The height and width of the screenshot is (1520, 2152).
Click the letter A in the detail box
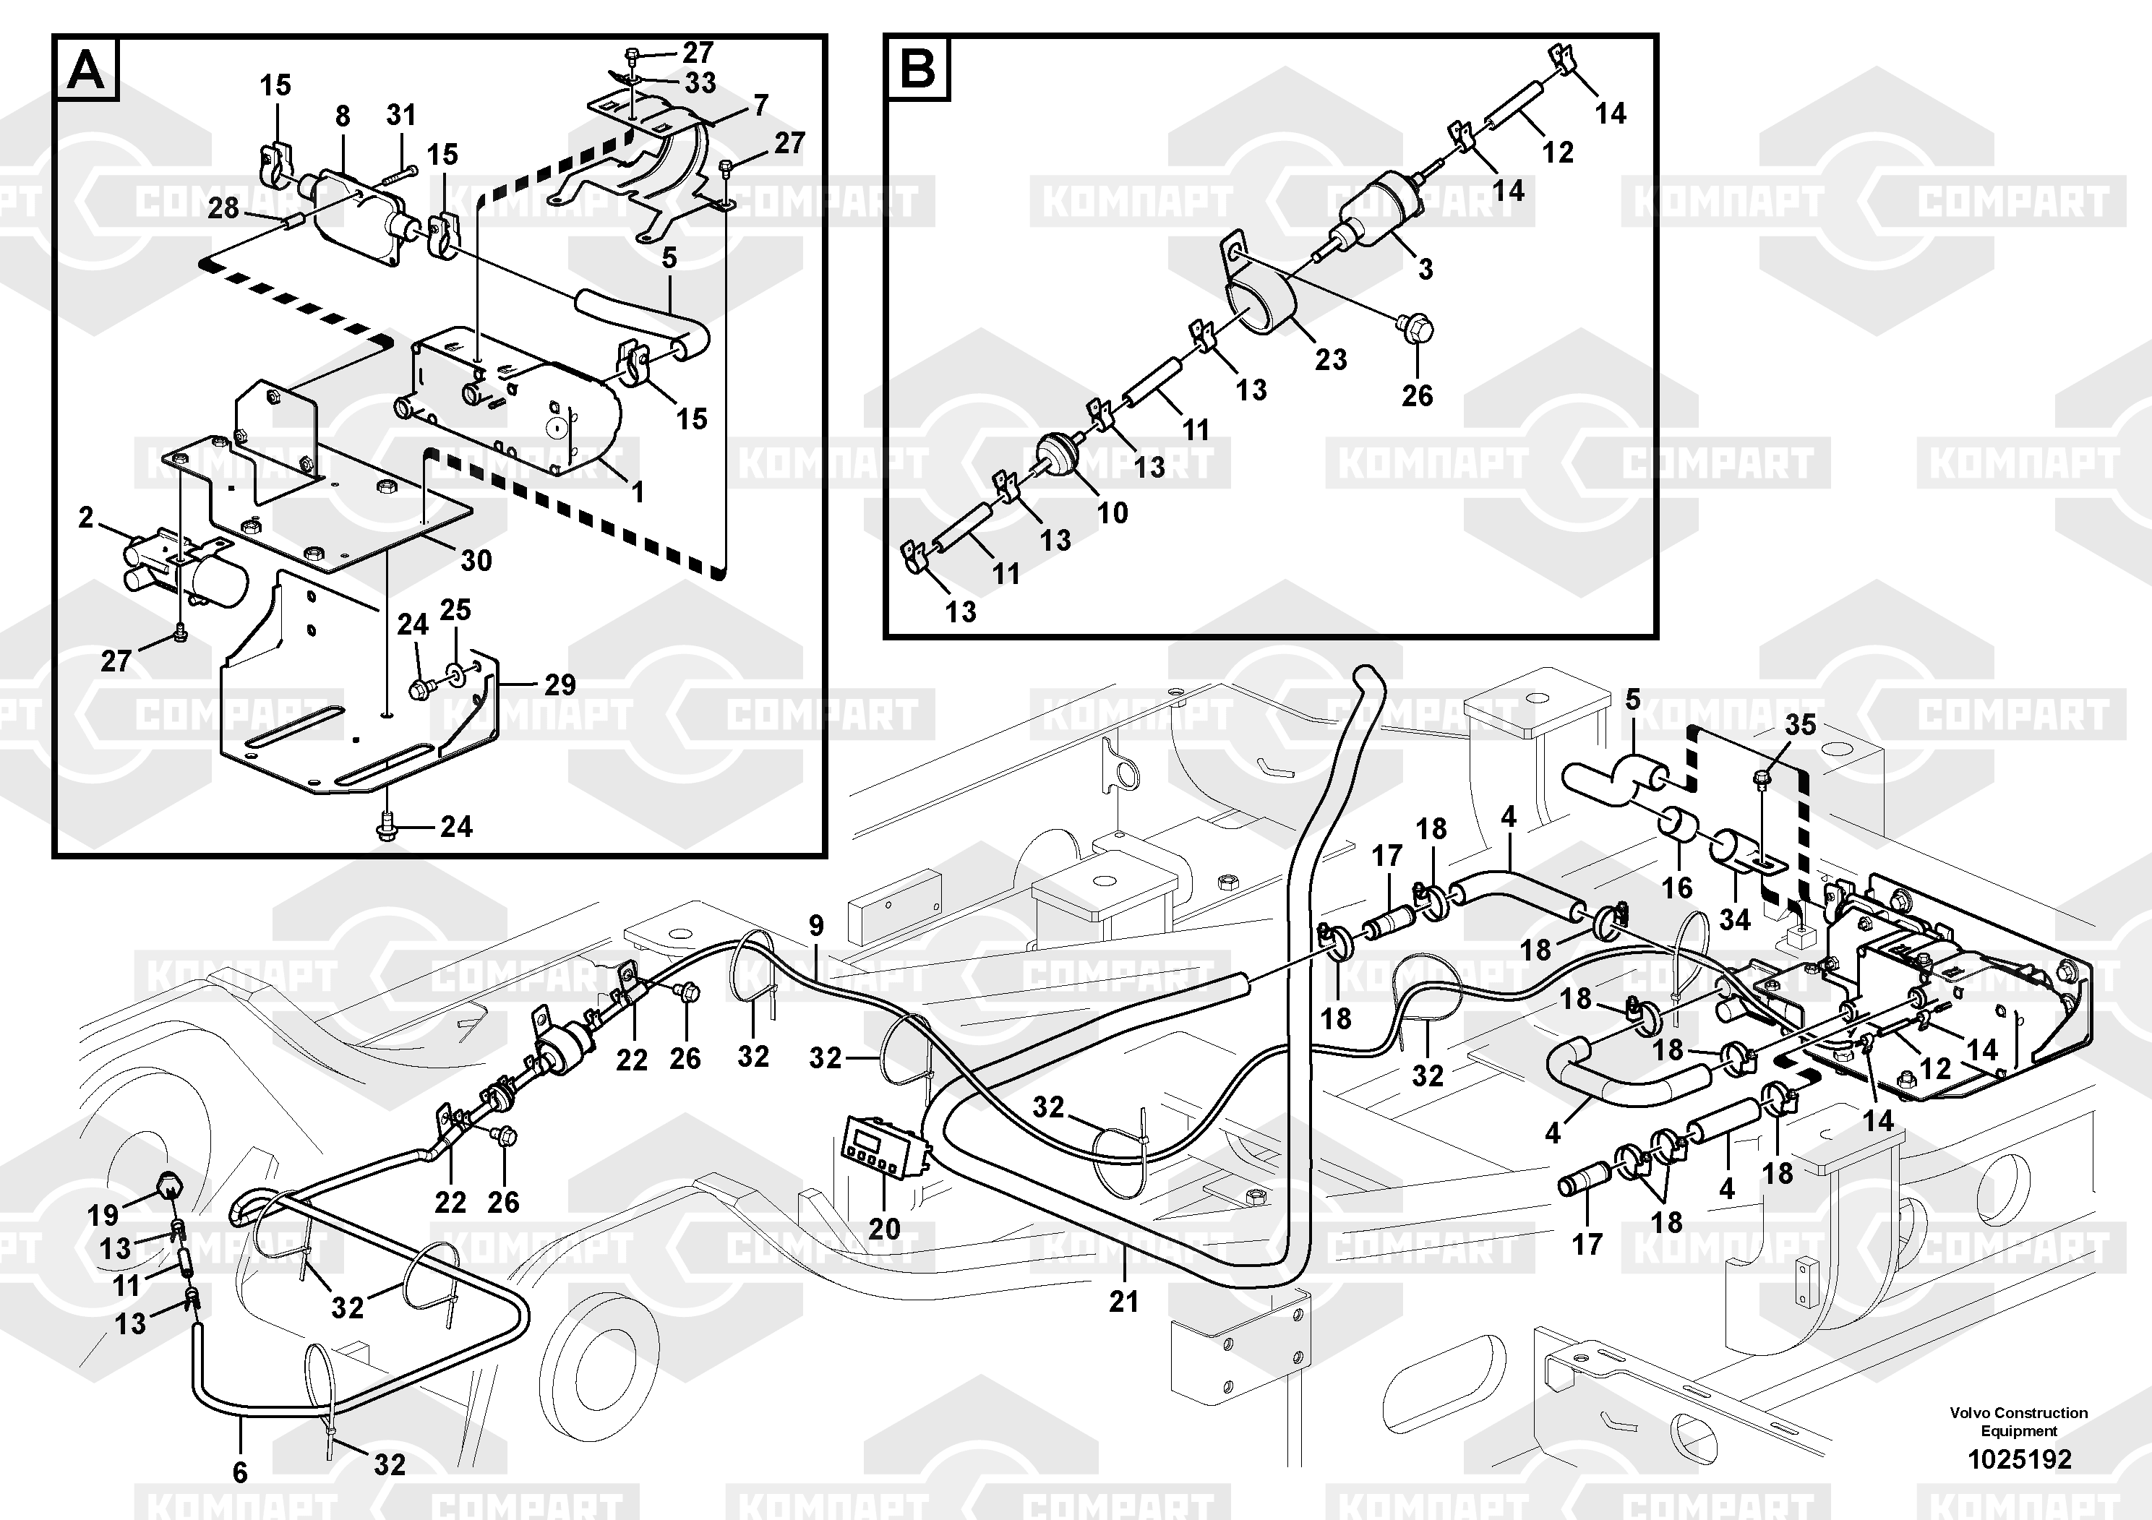point(86,69)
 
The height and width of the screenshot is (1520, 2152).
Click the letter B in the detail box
point(917,69)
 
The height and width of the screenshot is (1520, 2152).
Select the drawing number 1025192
point(2019,1459)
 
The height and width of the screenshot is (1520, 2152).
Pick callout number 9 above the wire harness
point(816,926)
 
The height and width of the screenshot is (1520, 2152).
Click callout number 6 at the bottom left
point(240,1472)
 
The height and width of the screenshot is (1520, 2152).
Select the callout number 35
point(1801,724)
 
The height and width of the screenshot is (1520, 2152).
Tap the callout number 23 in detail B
point(1331,359)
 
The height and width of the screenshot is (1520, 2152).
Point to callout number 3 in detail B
point(1426,269)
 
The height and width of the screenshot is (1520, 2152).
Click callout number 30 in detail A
point(476,560)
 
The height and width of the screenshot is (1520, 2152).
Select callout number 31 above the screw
point(401,115)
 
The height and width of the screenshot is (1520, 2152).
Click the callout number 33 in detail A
point(700,82)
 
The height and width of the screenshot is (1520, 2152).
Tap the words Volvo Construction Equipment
point(2019,1422)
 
